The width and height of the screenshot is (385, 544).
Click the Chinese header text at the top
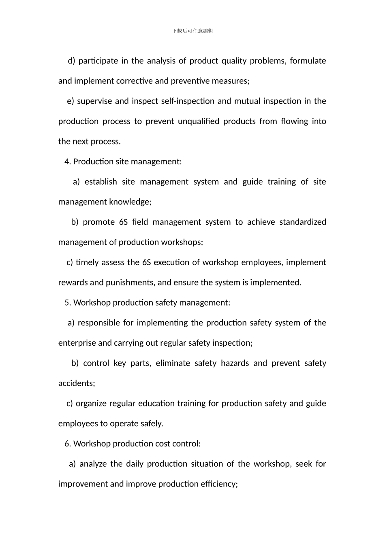tap(192, 31)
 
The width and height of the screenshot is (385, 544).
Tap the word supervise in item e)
tap(94, 101)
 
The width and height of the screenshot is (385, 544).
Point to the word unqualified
tap(198, 121)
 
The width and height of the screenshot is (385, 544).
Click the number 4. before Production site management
tap(67, 161)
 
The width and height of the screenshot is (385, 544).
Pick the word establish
tap(101, 182)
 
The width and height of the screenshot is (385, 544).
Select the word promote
tap(98, 222)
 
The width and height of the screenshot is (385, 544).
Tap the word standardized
tap(302, 222)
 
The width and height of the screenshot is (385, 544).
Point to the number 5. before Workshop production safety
tap(67, 303)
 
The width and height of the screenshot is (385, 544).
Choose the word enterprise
tap(77, 343)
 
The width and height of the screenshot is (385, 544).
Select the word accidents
tap(77, 383)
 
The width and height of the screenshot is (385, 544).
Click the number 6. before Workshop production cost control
tap(67, 444)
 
